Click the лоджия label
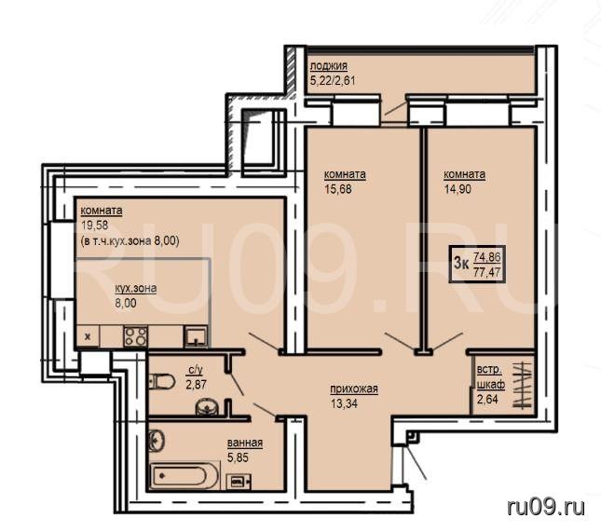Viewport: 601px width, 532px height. click(x=329, y=66)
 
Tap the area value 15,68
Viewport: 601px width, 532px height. click(x=337, y=189)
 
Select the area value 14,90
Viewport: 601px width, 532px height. click(x=458, y=189)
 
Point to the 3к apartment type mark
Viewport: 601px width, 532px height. click(x=461, y=264)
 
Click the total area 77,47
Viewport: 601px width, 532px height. click(x=487, y=272)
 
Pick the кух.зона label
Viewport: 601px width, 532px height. click(x=136, y=288)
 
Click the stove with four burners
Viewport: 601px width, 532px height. click(x=135, y=336)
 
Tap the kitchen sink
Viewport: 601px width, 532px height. click(x=196, y=336)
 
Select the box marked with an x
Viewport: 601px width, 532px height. click(x=89, y=336)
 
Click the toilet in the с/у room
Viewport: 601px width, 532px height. click(x=161, y=381)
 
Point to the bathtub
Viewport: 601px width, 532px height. click(x=184, y=476)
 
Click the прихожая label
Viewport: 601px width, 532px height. click(x=354, y=389)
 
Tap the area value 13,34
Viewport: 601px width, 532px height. click(x=344, y=403)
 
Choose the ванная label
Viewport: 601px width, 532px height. click(x=245, y=443)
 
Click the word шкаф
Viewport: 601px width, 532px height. click(x=491, y=385)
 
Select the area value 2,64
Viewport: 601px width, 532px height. click(x=487, y=400)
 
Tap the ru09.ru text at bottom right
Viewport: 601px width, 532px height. click(x=546, y=507)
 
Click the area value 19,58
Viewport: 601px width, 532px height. click(x=95, y=225)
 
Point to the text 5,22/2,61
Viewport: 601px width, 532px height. click(x=333, y=81)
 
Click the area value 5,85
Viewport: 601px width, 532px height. click(x=238, y=457)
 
